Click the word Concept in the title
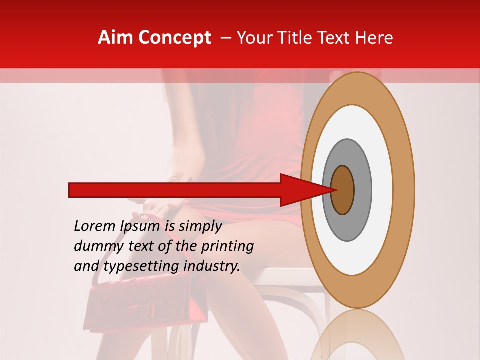[x=174, y=37]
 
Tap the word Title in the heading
[x=305, y=37]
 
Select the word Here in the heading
[x=374, y=37]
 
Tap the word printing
[x=227, y=246]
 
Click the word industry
[x=212, y=266]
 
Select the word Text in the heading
[x=340, y=37]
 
